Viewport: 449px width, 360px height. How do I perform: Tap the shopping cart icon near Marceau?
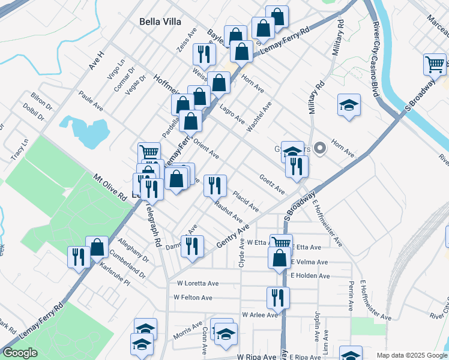tap(435, 63)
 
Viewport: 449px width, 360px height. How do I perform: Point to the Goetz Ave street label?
tap(272, 184)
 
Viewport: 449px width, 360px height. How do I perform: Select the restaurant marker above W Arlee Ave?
tap(278, 296)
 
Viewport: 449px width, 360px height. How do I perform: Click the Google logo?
tap(20, 353)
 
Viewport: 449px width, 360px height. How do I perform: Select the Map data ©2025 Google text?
tap(411, 355)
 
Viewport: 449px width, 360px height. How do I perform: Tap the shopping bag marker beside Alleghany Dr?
tap(97, 246)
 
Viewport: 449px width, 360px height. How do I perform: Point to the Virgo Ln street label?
tap(117, 70)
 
